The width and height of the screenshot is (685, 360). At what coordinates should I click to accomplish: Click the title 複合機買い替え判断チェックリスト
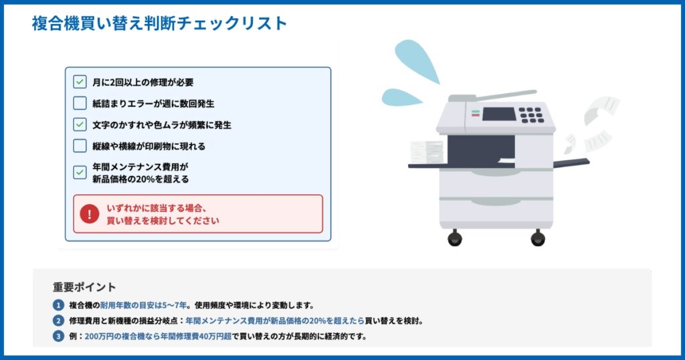[159, 23]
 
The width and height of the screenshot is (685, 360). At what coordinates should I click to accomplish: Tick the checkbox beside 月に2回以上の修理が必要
[80, 82]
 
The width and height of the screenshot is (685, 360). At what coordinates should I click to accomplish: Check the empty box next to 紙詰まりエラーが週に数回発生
[80, 103]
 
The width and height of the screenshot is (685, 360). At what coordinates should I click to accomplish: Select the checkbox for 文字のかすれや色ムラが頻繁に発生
[80, 124]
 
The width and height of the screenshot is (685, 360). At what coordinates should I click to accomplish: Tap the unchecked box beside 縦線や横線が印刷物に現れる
[80, 146]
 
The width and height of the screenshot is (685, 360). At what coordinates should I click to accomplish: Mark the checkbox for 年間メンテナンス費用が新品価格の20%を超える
[80, 172]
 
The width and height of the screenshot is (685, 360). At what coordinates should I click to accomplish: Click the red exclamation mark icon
[90, 214]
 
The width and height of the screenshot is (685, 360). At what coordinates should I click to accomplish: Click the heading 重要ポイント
[84, 287]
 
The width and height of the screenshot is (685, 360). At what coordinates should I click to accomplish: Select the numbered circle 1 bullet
[58, 305]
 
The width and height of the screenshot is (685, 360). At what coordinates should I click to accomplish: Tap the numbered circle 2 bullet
[58, 321]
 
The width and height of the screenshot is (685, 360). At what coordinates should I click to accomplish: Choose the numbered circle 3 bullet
[58, 336]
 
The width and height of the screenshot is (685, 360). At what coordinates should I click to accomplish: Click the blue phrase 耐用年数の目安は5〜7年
[143, 305]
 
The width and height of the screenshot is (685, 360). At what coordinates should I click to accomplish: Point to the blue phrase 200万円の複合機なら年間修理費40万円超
[158, 336]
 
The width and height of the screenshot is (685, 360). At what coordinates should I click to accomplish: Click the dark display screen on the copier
[499, 114]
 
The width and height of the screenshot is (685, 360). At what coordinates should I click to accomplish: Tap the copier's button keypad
[531, 115]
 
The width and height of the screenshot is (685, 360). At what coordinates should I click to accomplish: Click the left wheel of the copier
[455, 238]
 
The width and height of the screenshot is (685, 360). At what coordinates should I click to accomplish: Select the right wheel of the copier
[538, 238]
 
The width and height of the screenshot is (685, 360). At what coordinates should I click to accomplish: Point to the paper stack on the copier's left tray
[426, 152]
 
